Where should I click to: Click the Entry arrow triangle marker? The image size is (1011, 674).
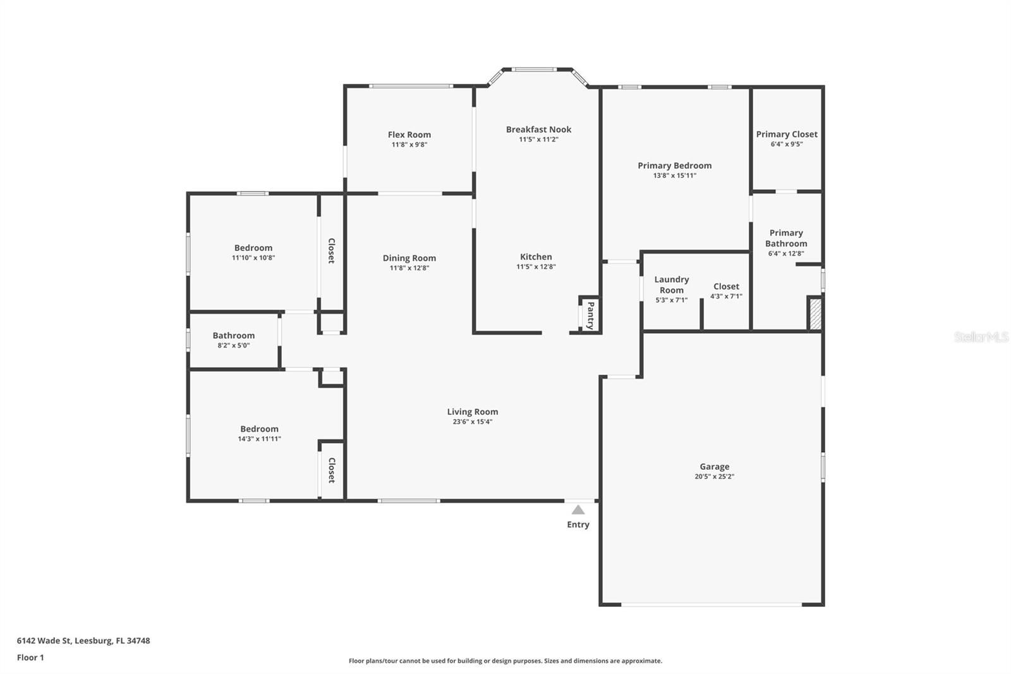point(578,510)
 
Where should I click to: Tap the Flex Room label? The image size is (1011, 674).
point(409,135)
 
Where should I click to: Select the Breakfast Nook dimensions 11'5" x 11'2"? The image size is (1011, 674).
point(538,140)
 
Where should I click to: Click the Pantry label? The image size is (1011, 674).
point(590,316)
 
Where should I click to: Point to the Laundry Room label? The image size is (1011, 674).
point(672,285)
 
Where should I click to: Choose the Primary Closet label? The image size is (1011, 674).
point(787,134)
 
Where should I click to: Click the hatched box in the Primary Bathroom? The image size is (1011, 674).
point(815,313)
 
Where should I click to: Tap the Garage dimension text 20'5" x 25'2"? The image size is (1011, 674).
point(714,477)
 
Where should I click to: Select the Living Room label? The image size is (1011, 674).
point(473,412)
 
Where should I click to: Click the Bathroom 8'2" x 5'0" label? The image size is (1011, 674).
point(234,336)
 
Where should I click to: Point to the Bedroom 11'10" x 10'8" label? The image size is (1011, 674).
point(253,248)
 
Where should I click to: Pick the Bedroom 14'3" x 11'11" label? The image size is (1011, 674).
point(259,429)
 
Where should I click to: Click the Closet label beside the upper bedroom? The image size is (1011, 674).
point(331,251)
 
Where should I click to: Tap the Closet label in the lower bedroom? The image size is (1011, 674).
point(331,470)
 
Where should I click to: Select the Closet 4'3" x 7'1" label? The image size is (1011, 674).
point(726,286)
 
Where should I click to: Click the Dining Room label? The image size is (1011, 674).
point(409,258)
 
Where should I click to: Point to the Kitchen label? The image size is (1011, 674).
point(536,257)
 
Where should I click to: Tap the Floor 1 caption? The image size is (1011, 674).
point(30,658)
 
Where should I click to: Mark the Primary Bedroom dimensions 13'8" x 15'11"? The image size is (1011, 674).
point(674,176)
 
